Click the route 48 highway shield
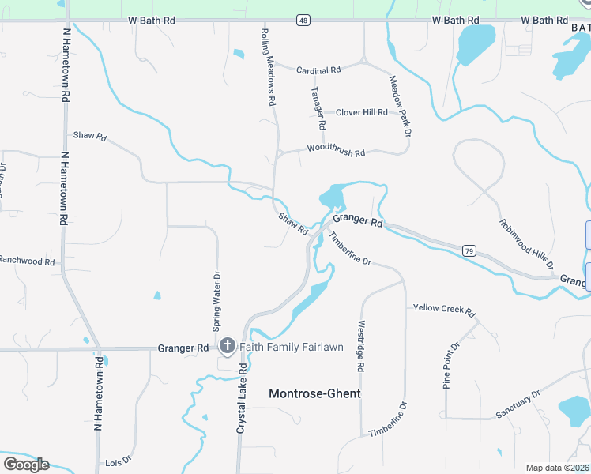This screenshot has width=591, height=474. coord(303,20)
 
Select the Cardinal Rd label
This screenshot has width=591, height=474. coord(318,70)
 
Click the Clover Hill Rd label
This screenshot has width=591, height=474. coord(361,112)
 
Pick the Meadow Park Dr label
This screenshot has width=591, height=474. coord(401,106)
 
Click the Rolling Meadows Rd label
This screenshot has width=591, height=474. coord(268,66)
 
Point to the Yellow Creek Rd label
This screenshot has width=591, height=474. coord(443,310)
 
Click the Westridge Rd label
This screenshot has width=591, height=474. coord(359,346)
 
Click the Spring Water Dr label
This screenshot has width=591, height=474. coord(216,301)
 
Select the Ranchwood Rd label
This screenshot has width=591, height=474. coord(27,260)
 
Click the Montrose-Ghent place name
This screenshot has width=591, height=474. coord(314,393)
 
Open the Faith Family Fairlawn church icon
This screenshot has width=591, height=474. coord(228,346)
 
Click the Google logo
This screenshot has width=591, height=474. coord(26,465)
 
